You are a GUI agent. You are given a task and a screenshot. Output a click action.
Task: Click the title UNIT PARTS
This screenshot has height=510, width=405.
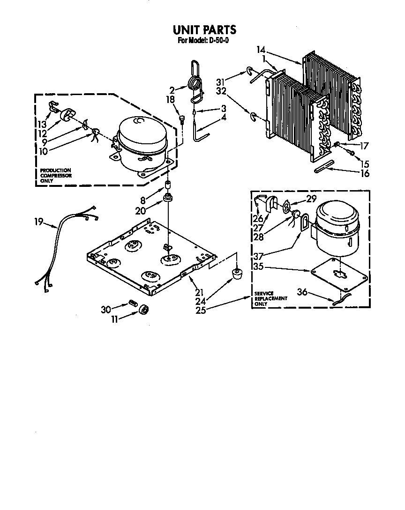[204, 30]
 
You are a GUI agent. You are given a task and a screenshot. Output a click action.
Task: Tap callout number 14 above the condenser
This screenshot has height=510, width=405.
[261, 50]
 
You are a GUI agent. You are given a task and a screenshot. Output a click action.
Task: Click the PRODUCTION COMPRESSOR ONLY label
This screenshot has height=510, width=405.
[56, 175]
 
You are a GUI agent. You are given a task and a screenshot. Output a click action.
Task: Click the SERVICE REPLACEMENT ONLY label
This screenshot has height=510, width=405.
[270, 298]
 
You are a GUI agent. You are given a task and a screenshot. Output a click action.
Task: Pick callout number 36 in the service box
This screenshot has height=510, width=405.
[302, 291]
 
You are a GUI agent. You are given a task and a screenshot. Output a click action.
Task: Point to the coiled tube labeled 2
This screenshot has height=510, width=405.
[195, 85]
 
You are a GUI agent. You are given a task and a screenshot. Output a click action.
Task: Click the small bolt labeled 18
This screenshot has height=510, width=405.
[182, 119]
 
